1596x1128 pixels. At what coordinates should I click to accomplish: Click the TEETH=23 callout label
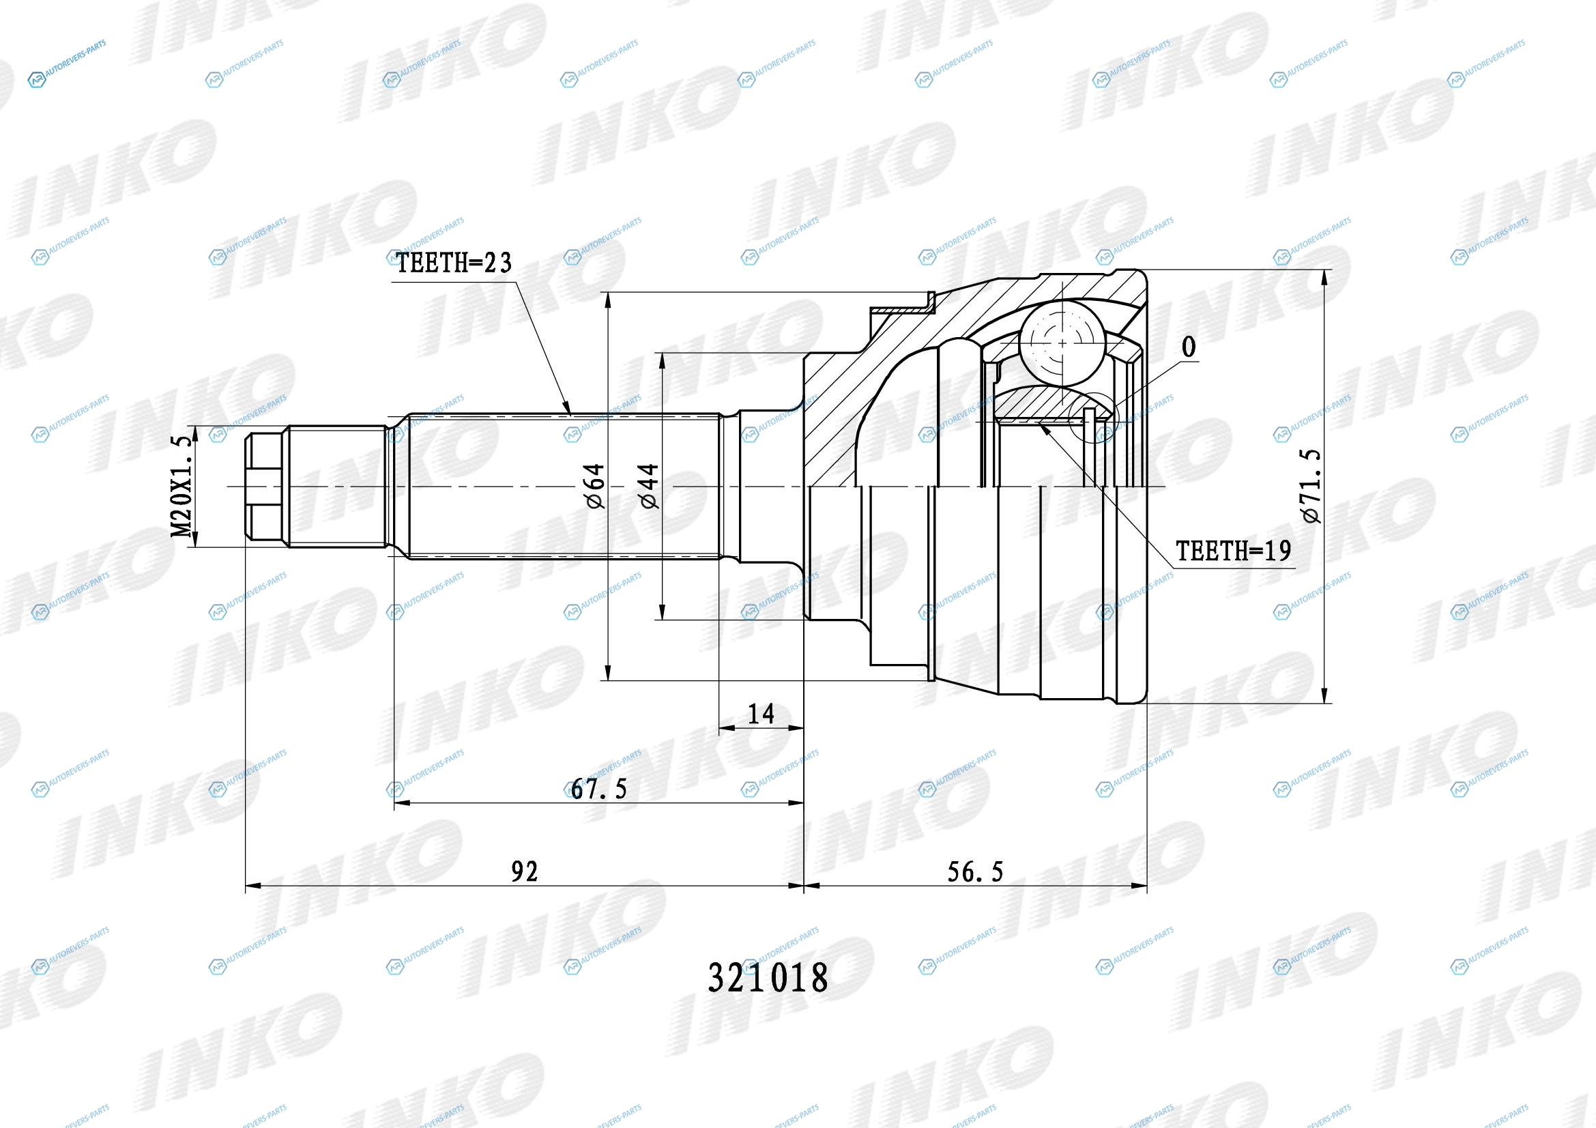tap(453, 263)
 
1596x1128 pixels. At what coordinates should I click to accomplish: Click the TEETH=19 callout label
tap(1233, 551)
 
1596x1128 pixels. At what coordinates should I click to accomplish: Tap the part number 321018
tap(768, 978)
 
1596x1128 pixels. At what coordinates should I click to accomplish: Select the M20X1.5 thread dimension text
tap(181, 487)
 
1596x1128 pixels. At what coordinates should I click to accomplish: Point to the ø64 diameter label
tap(596, 487)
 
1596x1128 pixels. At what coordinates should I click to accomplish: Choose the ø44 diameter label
tap(648, 487)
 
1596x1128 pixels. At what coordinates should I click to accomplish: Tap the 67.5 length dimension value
tap(598, 789)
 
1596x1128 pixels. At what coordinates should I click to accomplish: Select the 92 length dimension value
tap(525, 871)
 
